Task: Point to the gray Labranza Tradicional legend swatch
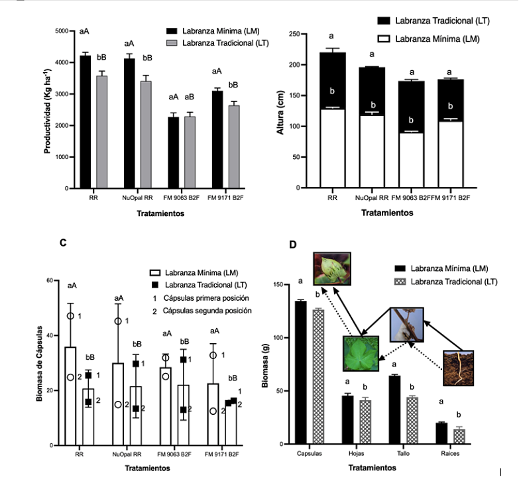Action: pos(173,42)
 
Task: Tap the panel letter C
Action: pos(62,243)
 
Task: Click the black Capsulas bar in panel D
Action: pos(301,372)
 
